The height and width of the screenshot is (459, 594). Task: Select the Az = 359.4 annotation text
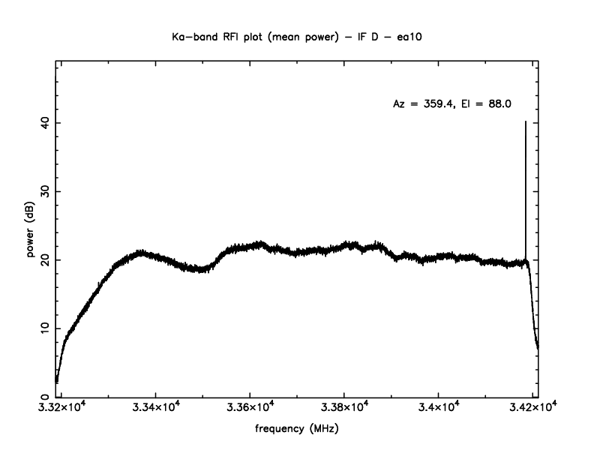pos(424,104)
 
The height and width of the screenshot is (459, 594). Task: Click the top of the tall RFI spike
pos(525,121)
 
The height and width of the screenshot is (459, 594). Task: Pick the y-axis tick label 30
pos(46,191)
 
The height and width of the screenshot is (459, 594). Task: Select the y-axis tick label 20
pos(46,259)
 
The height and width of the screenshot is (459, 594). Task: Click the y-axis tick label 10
pos(46,328)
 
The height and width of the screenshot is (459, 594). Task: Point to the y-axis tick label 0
pos(46,397)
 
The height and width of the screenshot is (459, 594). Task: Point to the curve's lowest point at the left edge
pos(57,381)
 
